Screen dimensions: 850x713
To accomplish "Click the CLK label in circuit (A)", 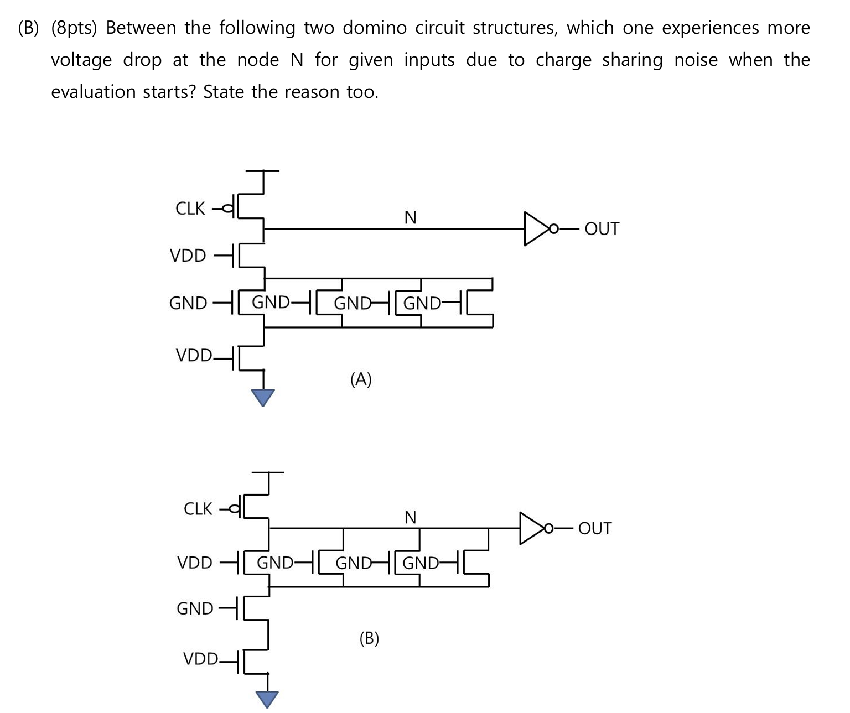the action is [190, 209].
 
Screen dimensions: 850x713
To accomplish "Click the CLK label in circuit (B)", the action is [198, 509].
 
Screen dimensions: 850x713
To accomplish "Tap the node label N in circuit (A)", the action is [411, 218].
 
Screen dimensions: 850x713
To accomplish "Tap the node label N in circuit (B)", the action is [411, 518].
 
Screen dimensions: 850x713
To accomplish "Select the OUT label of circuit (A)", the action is [602, 228].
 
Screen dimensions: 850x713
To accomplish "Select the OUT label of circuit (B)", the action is [595, 529].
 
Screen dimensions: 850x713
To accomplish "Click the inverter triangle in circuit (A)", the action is [537, 228].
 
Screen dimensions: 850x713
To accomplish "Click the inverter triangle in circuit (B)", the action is [532, 528].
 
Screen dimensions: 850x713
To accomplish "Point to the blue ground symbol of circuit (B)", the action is [267, 699].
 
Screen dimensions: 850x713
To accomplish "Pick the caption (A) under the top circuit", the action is [361, 379].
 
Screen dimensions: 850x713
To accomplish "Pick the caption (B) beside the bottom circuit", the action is [369, 638].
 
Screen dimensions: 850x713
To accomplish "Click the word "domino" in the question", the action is [375, 28].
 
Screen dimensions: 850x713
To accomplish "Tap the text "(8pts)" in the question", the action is [74, 28].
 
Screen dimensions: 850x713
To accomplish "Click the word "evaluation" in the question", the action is [93, 92].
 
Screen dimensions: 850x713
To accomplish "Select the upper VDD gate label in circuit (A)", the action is [188, 256].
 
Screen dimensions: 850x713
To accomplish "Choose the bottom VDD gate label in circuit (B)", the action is [201, 658].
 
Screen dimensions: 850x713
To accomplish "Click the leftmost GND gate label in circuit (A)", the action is [188, 303].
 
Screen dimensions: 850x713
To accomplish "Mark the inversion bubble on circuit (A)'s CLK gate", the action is [229, 209].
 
